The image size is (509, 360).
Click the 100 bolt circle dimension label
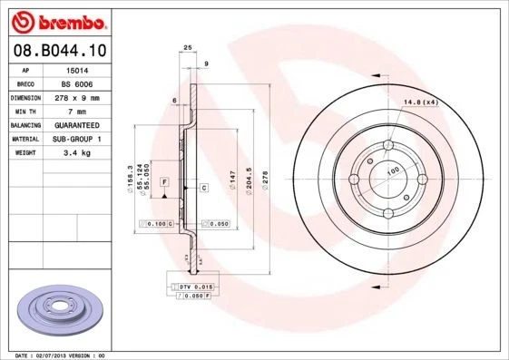point(393,170)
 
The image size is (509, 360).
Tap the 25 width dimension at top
point(188,47)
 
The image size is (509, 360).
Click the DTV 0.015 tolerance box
point(191,287)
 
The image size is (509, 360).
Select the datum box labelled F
point(164,182)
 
